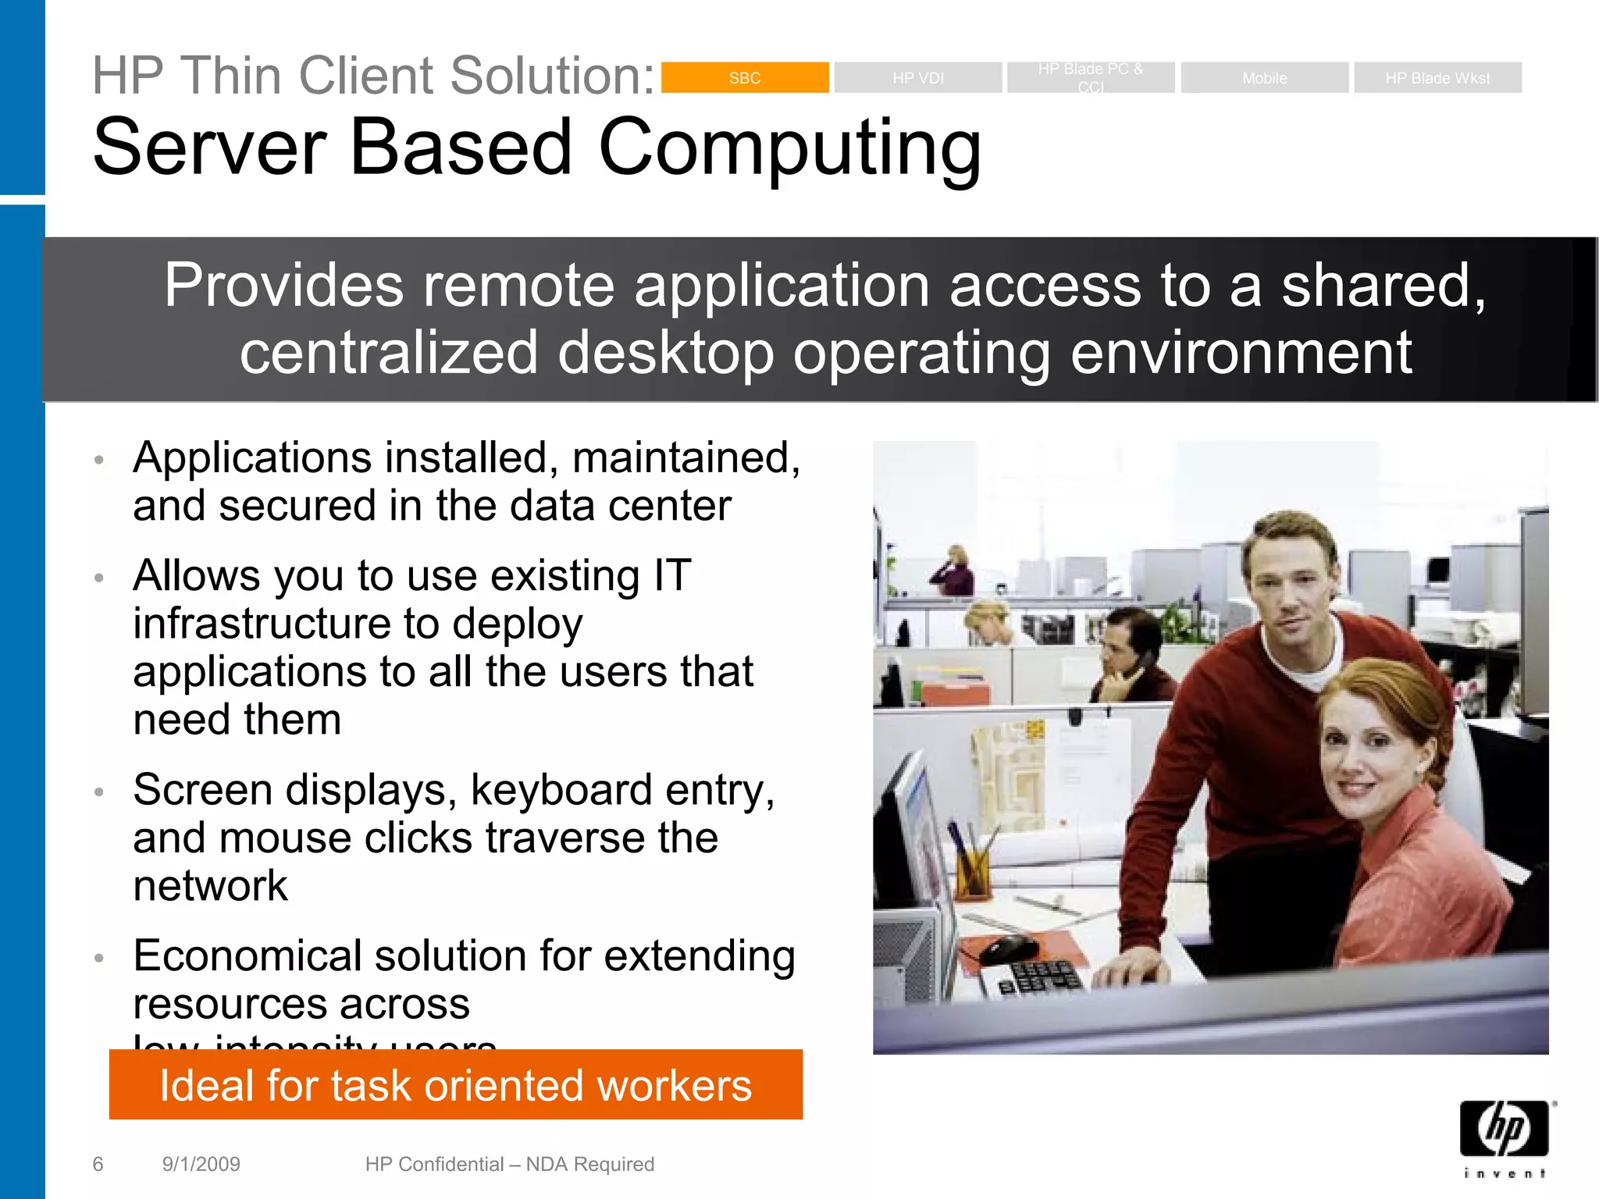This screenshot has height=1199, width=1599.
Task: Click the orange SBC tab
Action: click(744, 78)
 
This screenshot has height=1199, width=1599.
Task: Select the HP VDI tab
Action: click(917, 78)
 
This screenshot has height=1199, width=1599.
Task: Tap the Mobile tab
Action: click(1264, 78)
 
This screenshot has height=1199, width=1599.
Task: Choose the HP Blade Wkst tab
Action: click(1437, 78)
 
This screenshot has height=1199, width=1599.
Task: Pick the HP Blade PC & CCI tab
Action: click(1091, 77)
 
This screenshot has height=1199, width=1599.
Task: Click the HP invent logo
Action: click(1505, 1137)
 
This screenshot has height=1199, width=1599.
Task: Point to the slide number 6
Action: click(98, 1164)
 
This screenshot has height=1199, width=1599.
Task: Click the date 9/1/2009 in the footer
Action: click(201, 1164)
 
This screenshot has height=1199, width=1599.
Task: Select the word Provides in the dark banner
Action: click(283, 286)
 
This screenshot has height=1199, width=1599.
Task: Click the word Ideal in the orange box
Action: click(206, 1086)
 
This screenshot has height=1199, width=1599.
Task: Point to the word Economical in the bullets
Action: click(247, 956)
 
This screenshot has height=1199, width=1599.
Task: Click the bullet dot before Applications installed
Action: click(98, 460)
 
